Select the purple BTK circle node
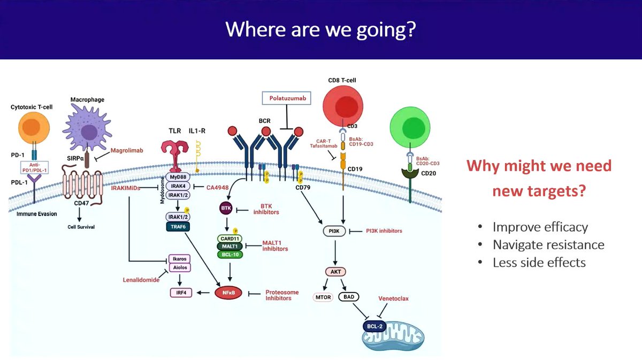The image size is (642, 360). (x=225, y=207)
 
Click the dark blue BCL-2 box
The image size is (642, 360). (x=375, y=325)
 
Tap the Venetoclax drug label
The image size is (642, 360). (x=394, y=298)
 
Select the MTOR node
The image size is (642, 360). (x=323, y=297)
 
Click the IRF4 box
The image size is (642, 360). (x=180, y=293)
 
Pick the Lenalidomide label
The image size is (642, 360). (x=141, y=280)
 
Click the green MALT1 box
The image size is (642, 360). (x=230, y=246)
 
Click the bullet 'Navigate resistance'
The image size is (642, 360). (x=548, y=245)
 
